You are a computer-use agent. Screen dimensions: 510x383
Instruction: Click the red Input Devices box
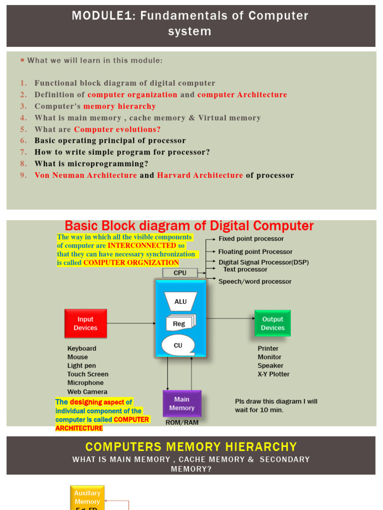coord(85,323)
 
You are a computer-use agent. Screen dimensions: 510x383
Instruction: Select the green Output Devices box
coord(272,323)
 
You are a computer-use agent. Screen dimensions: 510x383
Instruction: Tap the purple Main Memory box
coord(182,403)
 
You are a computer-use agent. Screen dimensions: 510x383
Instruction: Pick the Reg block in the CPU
coord(180,323)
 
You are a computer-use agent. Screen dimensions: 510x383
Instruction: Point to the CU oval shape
coord(178,345)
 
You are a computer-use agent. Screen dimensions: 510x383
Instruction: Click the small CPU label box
coord(180,273)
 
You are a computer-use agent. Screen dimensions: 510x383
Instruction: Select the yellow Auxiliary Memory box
coord(87,497)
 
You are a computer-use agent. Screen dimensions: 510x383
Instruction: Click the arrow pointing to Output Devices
coord(230,318)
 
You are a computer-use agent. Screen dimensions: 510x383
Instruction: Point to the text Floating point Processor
coord(255,252)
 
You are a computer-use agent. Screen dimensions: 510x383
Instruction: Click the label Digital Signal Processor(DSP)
coord(263,262)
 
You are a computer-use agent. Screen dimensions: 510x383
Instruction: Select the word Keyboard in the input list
coord(82,349)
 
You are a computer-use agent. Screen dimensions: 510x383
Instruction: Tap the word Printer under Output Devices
coord(268,349)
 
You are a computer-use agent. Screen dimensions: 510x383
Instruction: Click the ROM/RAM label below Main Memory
coord(182,422)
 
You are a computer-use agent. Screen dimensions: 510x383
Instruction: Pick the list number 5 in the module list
coord(23,129)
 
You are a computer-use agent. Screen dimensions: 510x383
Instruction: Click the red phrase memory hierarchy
coord(120,106)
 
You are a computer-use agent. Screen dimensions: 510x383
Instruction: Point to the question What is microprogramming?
coord(91,164)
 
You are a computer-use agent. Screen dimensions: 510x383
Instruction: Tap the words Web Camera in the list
coord(87,391)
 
